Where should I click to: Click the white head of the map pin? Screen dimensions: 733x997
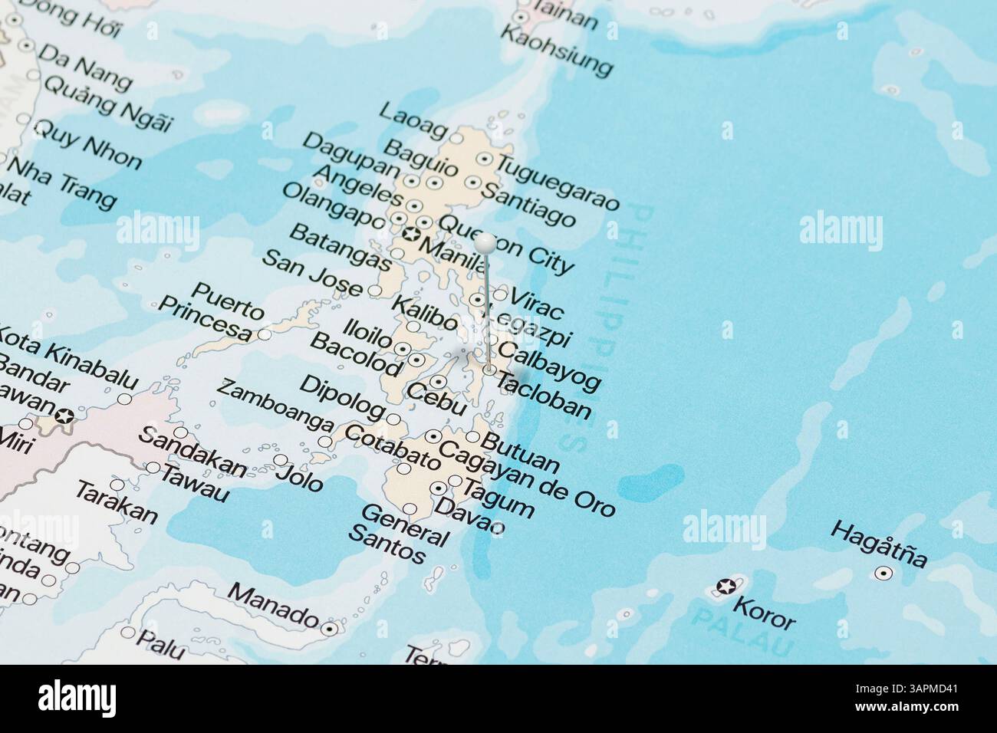485,243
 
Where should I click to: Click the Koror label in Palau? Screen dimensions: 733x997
765,613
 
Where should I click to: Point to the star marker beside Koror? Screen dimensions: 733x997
724,587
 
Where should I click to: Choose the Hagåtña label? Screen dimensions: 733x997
879,544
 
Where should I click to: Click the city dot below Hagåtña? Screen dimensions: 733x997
883,573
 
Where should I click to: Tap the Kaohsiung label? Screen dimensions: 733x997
556,51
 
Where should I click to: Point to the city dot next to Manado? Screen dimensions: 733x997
331,629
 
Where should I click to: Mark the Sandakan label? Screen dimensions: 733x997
192,452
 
